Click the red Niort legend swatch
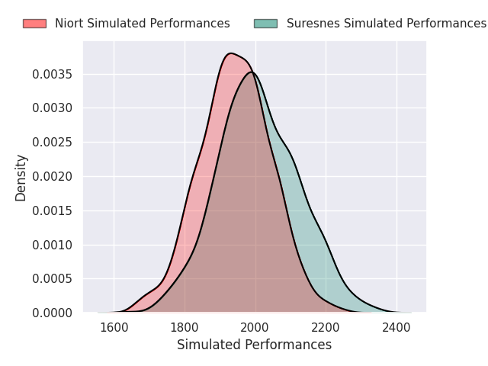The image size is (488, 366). pos(34,24)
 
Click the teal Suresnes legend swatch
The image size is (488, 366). pos(265,24)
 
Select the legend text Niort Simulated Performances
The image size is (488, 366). pos(142,24)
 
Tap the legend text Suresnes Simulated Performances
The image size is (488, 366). pos(386,24)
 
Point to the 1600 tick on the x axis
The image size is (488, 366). pos(114,328)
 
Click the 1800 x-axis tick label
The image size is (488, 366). pos(185,328)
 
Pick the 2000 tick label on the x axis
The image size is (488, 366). pos(255,328)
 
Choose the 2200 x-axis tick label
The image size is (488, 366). pos(326,328)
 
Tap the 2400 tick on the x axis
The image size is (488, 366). pos(396,328)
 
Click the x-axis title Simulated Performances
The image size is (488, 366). pos(254,345)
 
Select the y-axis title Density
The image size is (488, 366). pos(21,177)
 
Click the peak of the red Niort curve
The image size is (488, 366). pos(231,53)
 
